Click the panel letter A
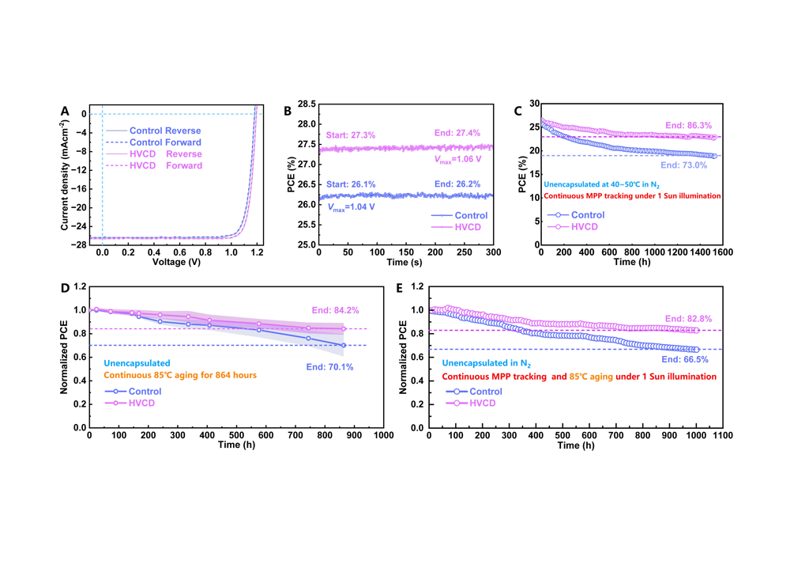(66, 111)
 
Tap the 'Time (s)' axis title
(405, 262)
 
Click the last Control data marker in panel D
(344, 345)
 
